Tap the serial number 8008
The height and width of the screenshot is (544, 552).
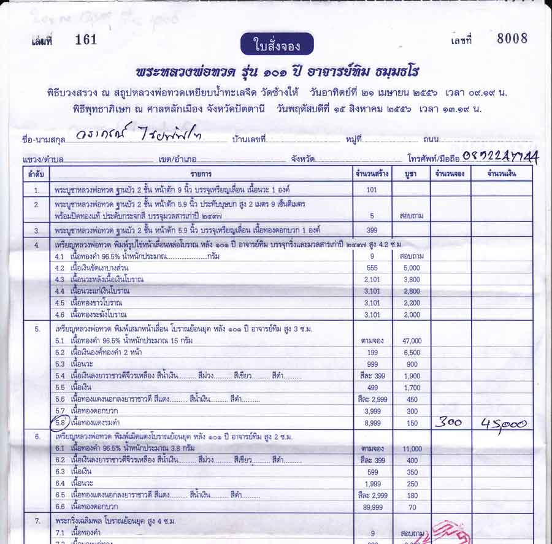512,39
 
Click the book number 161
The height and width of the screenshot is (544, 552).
86,40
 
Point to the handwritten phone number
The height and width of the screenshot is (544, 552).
500,157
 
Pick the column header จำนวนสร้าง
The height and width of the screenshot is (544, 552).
372,174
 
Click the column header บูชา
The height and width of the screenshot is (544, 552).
411,174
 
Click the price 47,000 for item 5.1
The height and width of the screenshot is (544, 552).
412,341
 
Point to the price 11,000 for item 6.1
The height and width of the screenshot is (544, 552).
412,449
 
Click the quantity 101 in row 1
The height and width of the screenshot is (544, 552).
371,190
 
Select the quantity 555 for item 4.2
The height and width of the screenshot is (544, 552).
372,268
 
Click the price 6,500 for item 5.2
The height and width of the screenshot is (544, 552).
412,353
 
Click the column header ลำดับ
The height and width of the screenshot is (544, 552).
36,174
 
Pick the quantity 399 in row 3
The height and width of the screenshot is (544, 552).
372,230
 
